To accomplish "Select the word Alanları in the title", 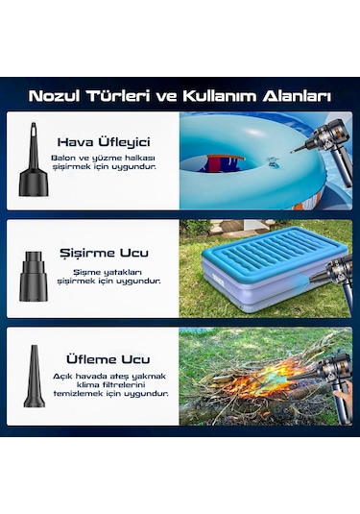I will (x=298, y=96).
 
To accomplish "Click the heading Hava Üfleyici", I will (x=105, y=140).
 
